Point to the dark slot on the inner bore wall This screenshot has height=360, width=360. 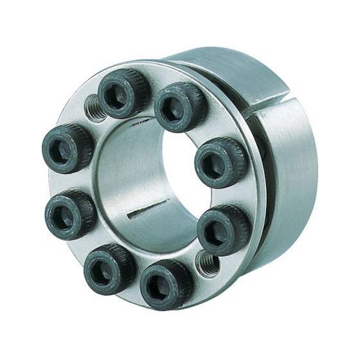click(x=148, y=210)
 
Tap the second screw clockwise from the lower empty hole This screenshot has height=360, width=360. click(x=109, y=266)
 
